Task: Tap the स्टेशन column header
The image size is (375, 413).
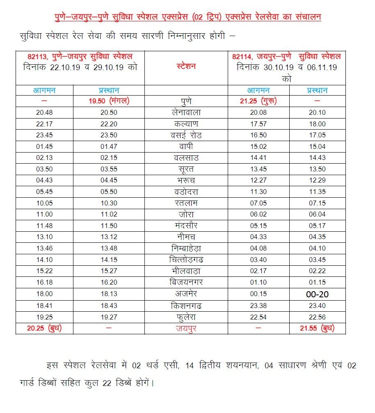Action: coord(185,66)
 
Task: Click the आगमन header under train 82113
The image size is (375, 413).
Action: coord(44,90)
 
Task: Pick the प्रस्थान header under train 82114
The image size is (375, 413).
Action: coord(317,90)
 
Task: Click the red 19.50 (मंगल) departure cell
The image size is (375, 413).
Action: coord(109,101)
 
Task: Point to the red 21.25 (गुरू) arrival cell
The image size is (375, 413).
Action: coord(258,101)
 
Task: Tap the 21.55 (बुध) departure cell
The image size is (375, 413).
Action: coord(318,328)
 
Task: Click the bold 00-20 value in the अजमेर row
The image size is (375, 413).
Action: coord(317,294)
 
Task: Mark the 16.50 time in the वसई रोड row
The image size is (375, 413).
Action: coord(258,135)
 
